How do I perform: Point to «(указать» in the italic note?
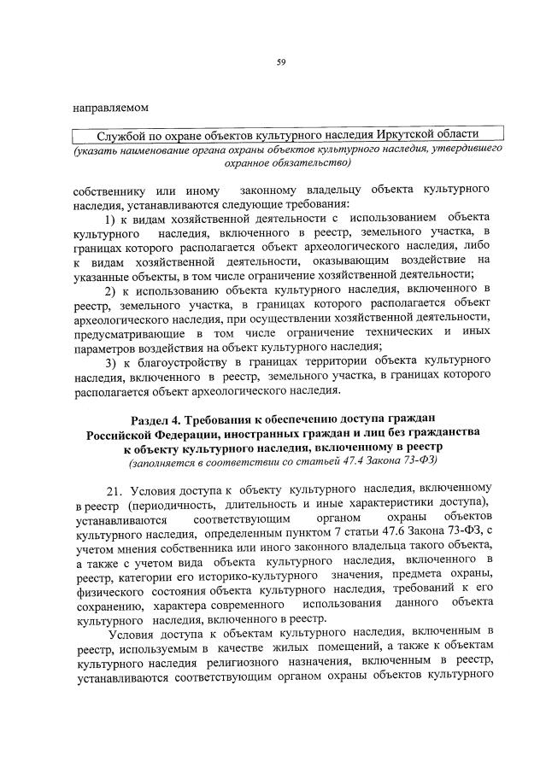pyautogui.click(x=97, y=149)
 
